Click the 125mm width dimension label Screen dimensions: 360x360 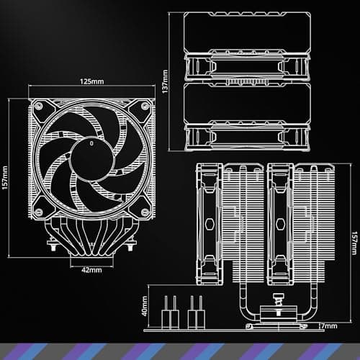[x=91, y=82]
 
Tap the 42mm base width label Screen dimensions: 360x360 [x=91, y=271]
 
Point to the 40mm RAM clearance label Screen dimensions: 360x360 [x=145, y=307]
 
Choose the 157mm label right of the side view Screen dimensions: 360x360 [x=354, y=241]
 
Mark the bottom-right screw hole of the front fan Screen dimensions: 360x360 [x=146, y=211]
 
